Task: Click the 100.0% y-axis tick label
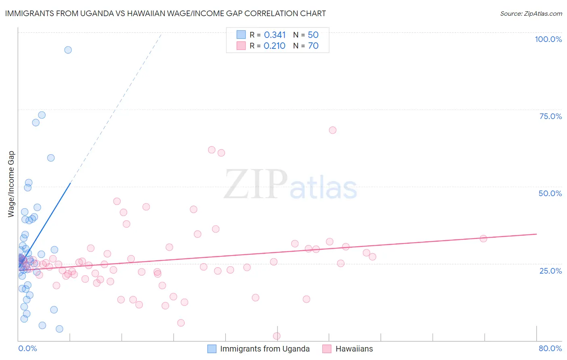point(548,39)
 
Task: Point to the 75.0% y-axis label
point(550,116)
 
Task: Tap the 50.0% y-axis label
point(550,193)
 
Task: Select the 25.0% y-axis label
point(550,271)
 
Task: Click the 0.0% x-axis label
point(27,348)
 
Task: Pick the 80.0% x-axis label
point(550,348)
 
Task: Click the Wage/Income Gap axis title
point(11,184)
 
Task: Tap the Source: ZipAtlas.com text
point(531,14)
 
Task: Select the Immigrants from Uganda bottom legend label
point(265,349)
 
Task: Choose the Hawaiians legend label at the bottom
point(354,349)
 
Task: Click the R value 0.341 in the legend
point(275,35)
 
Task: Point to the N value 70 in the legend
point(313,46)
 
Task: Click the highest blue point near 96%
point(68,50)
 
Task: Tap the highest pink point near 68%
point(333,130)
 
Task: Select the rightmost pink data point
point(483,239)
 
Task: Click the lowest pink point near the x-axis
point(277,336)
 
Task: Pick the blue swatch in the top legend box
point(241,35)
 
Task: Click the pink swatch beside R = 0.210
point(241,46)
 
